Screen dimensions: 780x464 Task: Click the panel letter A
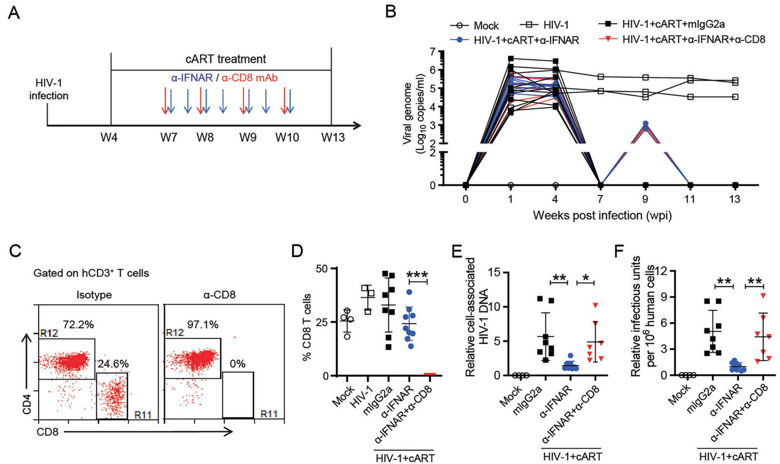[x=14, y=13]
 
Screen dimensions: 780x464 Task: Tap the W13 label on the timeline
[x=333, y=137]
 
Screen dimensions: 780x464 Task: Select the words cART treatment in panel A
[x=226, y=59]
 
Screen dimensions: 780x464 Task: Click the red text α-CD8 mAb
[x=249, y=78]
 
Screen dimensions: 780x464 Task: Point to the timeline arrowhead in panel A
[x=358, y=125]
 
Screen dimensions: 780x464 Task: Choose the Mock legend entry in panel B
[x=474, y=26]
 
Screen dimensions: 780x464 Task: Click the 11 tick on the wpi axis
[x=690, y=199]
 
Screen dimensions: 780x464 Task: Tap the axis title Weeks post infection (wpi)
[x=602, y=215]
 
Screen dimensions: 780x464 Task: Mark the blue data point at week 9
[x=645, y=124]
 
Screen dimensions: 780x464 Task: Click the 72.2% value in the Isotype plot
[x=78, y=324]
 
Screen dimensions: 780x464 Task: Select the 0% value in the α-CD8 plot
[x=238, y=364]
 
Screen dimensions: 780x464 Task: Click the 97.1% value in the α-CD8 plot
[x=203, y=324]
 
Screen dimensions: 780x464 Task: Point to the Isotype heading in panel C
[x=94, y=295]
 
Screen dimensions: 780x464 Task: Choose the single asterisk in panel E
[x=586, y=277]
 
